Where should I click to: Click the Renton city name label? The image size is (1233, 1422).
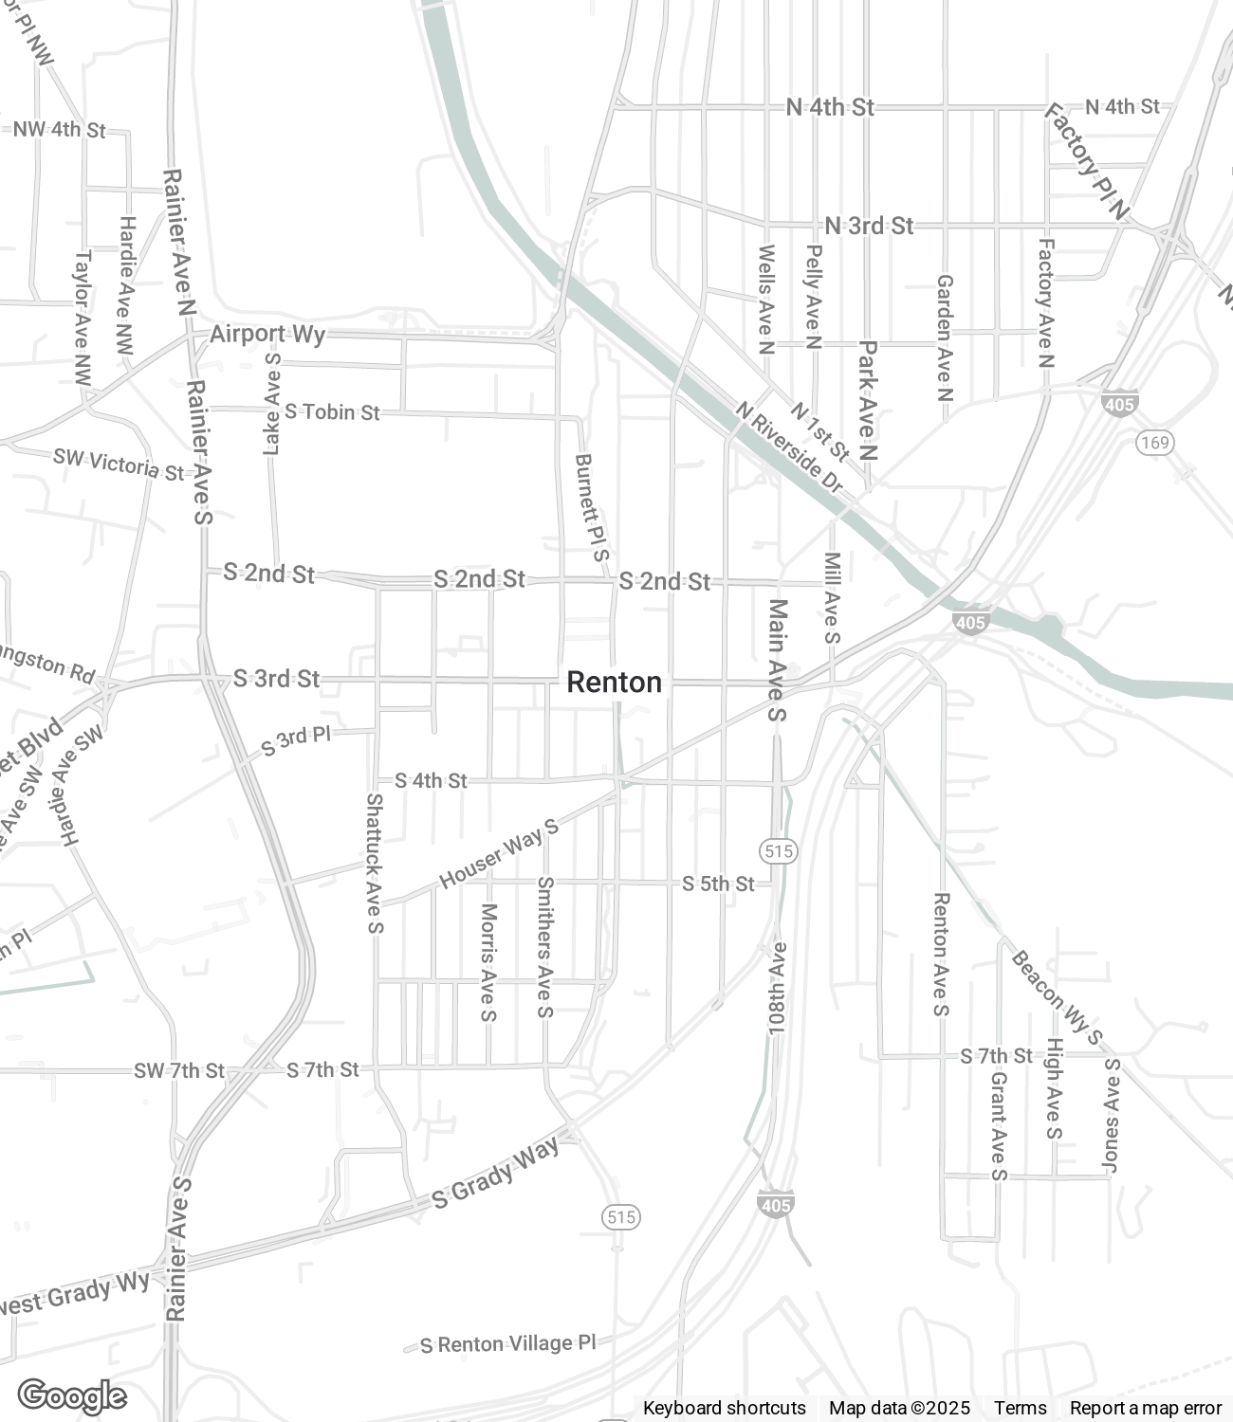(614, 682)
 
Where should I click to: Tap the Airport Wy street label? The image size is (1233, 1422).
(267, 334)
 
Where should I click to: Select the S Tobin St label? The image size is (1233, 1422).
(332, 411)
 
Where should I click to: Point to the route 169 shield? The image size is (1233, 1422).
(1156, 442)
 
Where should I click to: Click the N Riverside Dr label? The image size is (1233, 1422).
(789, 447)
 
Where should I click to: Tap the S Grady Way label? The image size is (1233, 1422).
(495, 1173)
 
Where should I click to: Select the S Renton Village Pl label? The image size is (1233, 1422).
(508, 1343)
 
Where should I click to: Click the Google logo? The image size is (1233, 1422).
(72, 1395)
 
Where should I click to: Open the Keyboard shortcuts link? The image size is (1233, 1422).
(724, 1408)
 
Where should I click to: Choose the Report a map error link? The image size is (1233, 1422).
(1145, 1408)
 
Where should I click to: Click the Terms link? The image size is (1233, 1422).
(1020, 1408)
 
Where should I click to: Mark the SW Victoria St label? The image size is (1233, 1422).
(119, 464)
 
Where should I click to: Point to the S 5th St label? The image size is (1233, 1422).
(718, 884)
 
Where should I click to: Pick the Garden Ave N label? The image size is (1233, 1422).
(945, 337)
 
